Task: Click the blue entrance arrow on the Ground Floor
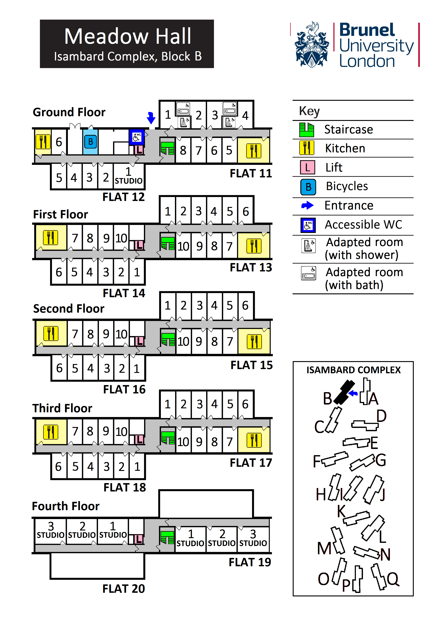tap(151, 118)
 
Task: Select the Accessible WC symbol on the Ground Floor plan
tap(137, 137)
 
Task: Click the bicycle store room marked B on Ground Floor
tap(90, 142)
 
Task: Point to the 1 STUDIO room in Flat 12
tap(129, 176)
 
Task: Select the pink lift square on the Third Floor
tap(139, 440)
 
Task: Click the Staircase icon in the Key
tap(307, 130)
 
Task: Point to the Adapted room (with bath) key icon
tap(308, 273)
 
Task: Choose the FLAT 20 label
tap(124, 589)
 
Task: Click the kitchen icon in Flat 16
tap(51, 334)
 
